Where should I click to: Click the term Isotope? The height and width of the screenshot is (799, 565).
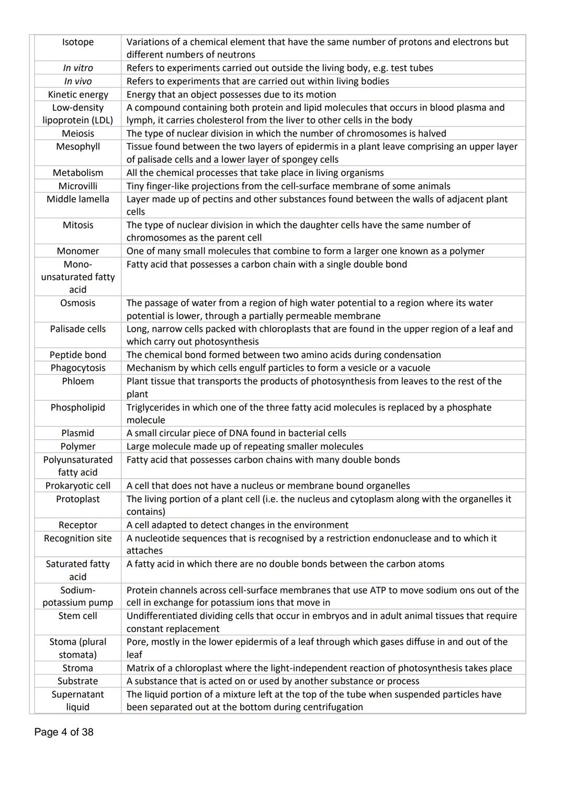pos(78,42)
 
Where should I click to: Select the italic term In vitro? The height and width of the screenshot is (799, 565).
pos(78,68)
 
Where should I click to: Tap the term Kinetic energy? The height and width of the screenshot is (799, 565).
pos(78,95)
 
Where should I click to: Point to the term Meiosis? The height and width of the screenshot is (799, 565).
pos(78,133)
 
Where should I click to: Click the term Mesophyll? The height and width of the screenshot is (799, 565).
pos(78,147)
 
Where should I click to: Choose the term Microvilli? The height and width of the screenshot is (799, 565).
pos(78,186)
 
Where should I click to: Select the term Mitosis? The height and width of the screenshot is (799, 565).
pos(78,225)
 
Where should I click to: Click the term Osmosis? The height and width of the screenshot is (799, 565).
pos(78,303)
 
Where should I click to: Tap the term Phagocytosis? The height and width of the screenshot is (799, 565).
pos(78,368)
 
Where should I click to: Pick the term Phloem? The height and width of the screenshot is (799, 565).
pos(78,381)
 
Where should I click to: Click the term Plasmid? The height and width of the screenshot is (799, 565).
pos(78,433)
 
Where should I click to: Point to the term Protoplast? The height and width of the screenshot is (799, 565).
pos(78,499)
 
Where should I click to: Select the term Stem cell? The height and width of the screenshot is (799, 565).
pos(78,616)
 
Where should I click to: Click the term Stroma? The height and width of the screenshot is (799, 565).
pos(78,668)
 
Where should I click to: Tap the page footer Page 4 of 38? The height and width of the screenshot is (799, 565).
pos(64,732)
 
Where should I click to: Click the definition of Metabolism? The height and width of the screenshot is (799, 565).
pos(255,173)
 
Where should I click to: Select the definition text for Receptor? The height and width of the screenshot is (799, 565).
pos(237,525)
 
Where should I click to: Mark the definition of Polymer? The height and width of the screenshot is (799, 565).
pos(244,446)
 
